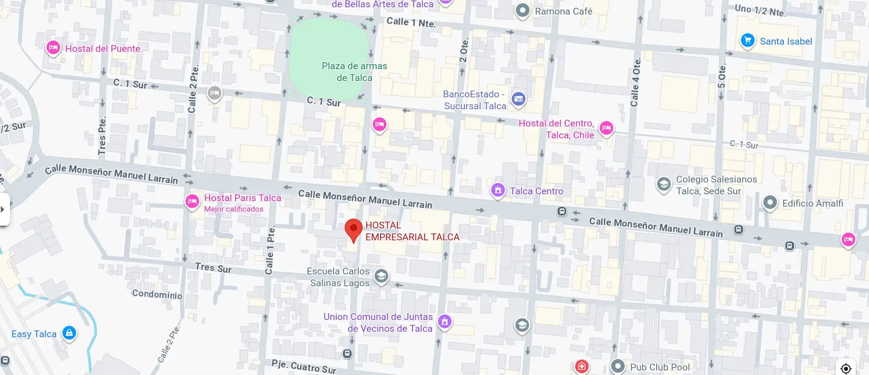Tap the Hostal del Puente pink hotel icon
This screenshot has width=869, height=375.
(53, 48)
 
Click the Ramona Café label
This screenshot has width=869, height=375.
(563, 11)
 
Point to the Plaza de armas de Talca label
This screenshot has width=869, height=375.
(354, 72)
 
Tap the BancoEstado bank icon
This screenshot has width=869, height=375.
(518, 99)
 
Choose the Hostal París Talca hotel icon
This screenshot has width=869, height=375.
(192, 201)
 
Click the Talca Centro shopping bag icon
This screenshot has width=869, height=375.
(498, 190)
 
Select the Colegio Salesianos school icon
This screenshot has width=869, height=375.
(663, 184)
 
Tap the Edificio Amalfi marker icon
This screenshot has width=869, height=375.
(770, 203)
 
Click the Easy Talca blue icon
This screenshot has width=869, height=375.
(69, 333)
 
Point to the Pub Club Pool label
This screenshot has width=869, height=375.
(659, 367)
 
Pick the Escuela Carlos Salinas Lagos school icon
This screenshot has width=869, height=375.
(381, 276)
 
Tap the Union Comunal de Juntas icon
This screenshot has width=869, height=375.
(445, 322)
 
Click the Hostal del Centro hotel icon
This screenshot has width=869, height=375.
(606, 128)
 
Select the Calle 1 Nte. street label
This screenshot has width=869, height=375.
(411, 22)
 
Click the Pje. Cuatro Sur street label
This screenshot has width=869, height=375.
(303, 366)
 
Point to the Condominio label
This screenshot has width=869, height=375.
(157, 294)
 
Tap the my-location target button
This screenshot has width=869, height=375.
(846, 368)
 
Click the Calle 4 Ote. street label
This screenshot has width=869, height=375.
(635, 82)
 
